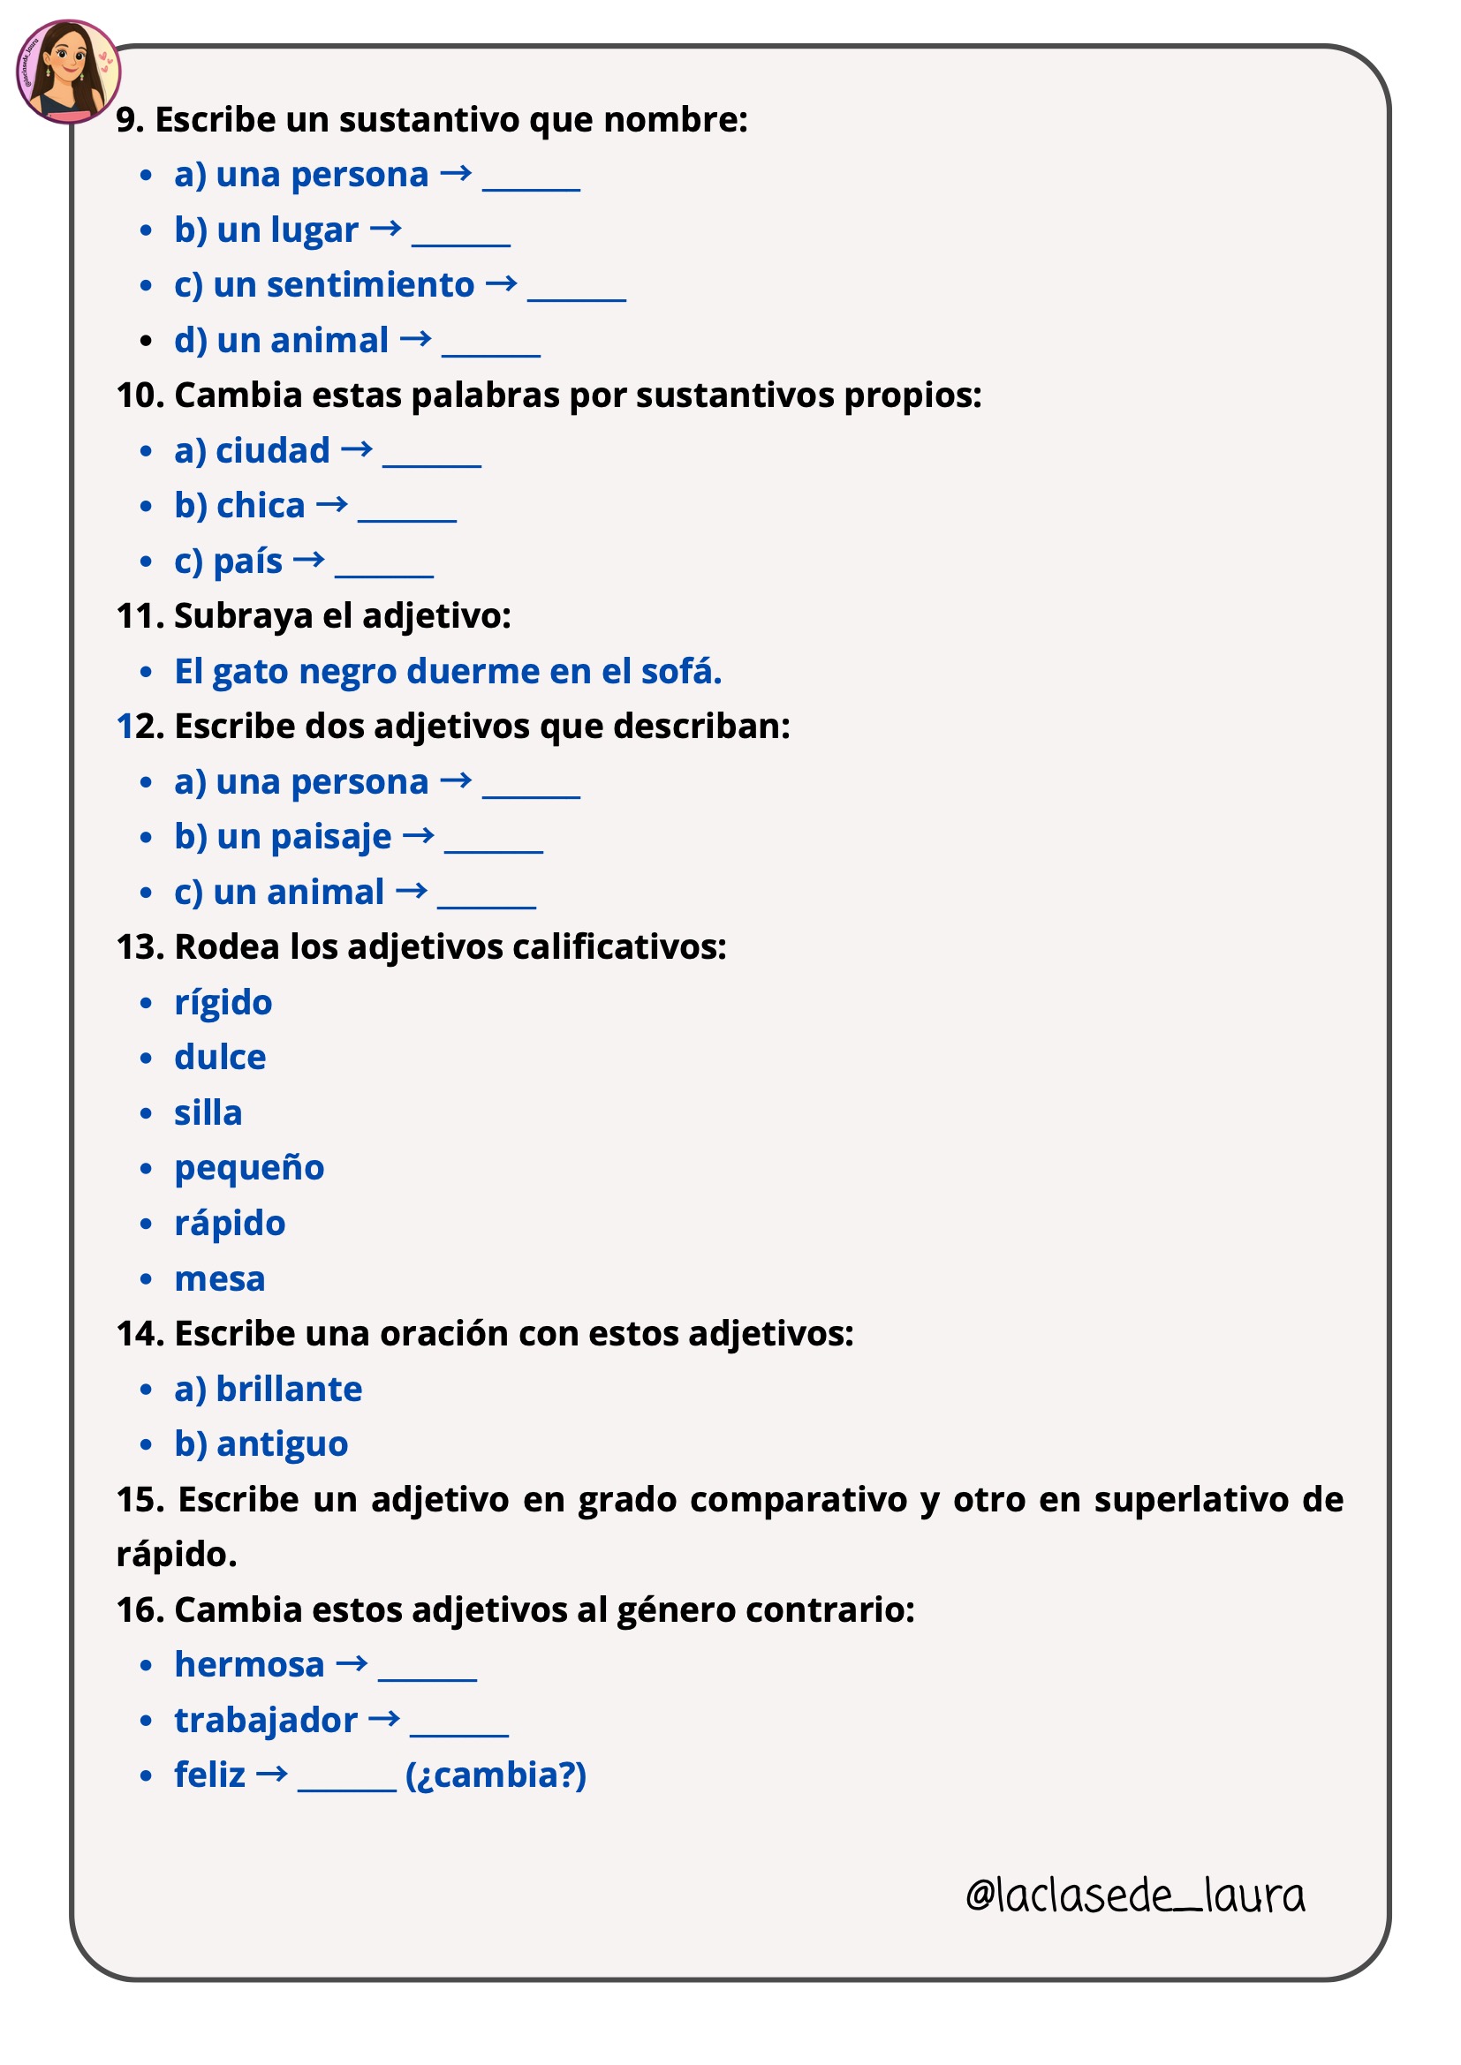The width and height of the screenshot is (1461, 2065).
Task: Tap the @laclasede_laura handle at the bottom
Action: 1134,1895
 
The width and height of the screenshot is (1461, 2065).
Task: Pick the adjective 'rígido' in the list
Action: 223,1003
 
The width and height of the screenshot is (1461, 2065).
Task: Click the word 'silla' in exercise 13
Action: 208,1113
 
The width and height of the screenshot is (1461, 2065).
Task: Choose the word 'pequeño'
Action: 249,1168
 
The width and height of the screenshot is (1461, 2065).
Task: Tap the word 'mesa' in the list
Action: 220,1279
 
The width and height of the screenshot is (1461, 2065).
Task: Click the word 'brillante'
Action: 289,1390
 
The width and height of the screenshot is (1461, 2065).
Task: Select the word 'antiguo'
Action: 282,1444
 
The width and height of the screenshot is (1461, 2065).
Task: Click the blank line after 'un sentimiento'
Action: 577,297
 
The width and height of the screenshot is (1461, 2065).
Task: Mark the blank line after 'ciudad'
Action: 432,463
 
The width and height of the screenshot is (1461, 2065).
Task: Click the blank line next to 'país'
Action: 384,573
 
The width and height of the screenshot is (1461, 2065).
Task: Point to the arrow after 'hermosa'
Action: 352,1665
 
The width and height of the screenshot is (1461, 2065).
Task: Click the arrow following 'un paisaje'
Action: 419,836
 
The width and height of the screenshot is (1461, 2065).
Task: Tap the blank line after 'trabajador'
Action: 458,1732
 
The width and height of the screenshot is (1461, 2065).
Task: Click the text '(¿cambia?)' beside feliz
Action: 496,1775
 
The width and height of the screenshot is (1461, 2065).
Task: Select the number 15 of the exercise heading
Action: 139,1500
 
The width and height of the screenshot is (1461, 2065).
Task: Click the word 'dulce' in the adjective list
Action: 220,1058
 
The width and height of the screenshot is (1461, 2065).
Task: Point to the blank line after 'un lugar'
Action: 460,242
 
